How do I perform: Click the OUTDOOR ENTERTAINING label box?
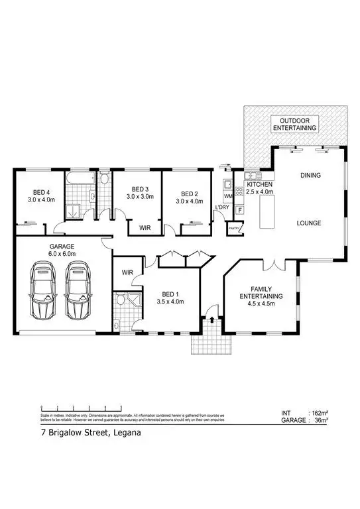(295, 123)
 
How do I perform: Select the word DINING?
(310, 176)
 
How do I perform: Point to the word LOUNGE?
(308, 223)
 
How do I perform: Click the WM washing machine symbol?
(229, 197)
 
